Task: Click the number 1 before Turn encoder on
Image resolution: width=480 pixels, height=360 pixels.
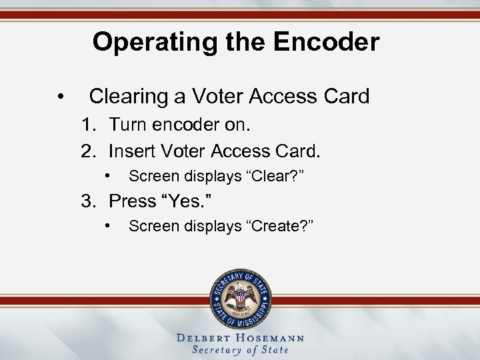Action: point(87,125)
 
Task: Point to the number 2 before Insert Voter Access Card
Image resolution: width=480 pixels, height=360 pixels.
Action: point(87,151)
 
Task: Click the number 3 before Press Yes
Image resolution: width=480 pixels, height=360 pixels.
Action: point(87,201)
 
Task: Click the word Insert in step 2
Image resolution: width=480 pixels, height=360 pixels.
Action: point(129,151)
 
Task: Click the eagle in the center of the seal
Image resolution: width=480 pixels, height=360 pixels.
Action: point(240,295)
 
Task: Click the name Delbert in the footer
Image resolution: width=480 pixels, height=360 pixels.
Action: point(206,338)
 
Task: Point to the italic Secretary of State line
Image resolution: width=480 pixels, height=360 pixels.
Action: point(240,350)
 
